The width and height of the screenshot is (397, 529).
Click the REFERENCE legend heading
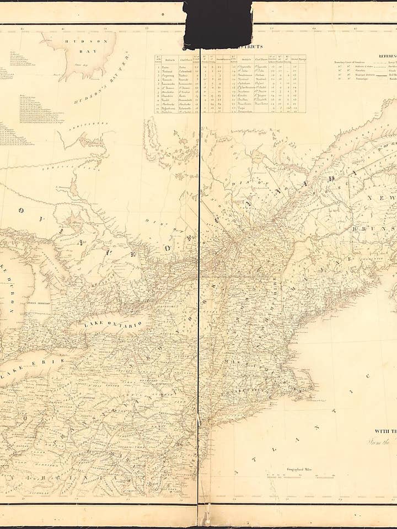[x=386, y=56]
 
